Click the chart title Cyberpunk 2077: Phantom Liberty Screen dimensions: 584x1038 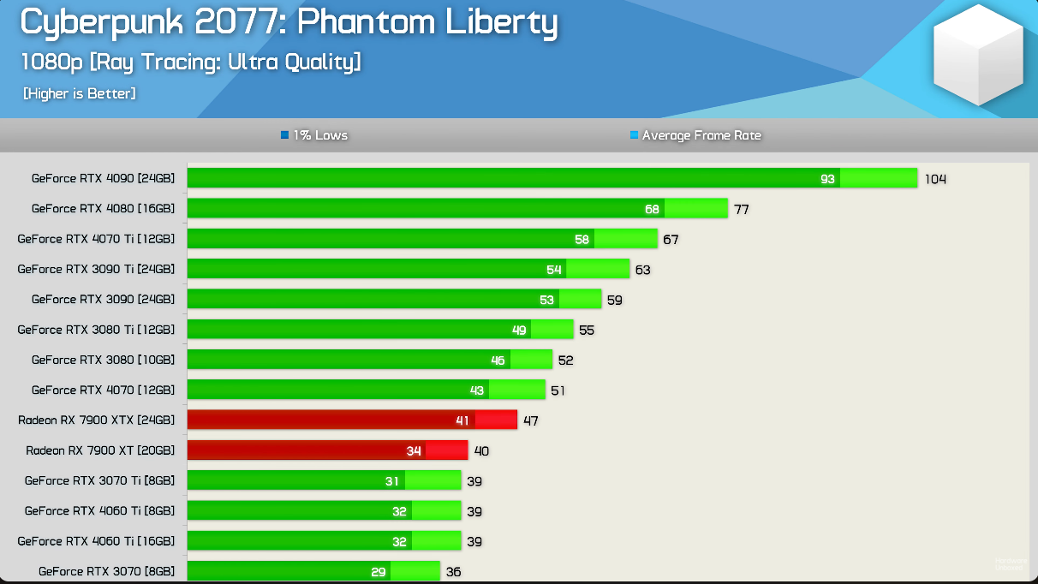click(x=289, y=24)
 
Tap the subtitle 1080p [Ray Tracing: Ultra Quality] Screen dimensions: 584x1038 click(x=190, y=63)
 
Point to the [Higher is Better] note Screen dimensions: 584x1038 click(x=79, y=93)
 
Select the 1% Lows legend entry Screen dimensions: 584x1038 click(x=314, y=135)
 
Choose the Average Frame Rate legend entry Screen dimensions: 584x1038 click(x=695, y=135)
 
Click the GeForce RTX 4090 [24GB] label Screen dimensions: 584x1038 click(x=103, y=179)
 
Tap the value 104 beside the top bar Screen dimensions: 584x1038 click(x=935, y=179)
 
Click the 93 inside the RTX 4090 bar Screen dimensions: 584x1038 click(x=827, y=179)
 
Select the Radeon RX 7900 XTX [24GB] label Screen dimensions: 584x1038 click(x=96, y=420)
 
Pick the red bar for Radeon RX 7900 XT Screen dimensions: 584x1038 click(x=327, y=450)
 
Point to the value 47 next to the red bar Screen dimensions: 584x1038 click(x=531, y=420)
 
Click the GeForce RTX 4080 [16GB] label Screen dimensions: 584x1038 click(x=103, y=209)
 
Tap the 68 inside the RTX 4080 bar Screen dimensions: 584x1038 click(x=652, y=209)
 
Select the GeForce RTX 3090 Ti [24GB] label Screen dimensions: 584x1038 click(x=96, y=269)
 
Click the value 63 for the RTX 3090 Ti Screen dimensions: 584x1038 click(x=642, y=270)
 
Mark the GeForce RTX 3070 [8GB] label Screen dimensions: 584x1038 click(x=106, y=571)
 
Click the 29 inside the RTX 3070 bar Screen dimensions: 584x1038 click(x=379, y=571)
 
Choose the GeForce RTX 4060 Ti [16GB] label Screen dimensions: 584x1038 click(x=96, y=541)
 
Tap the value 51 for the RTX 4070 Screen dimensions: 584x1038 click(x=558, y=390)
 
